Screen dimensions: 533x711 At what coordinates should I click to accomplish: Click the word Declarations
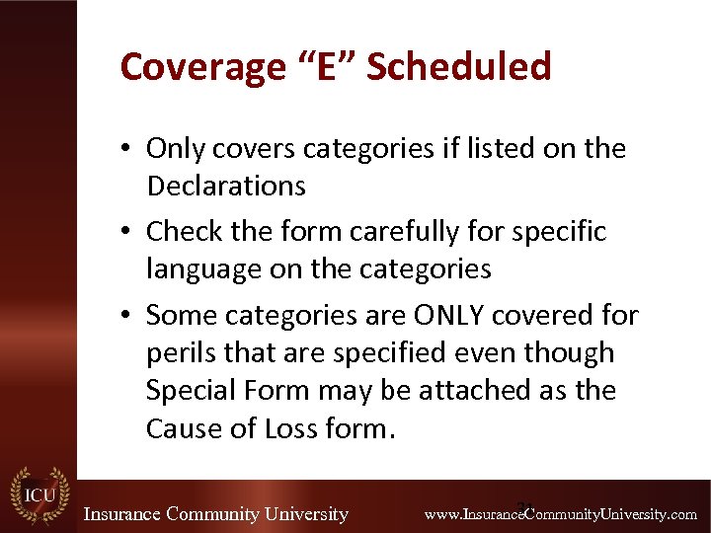(226, 186)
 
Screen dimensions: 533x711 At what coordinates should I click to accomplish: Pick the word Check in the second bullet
(180, 231)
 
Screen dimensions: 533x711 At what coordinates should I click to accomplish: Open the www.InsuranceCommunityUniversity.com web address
(560, 514)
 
